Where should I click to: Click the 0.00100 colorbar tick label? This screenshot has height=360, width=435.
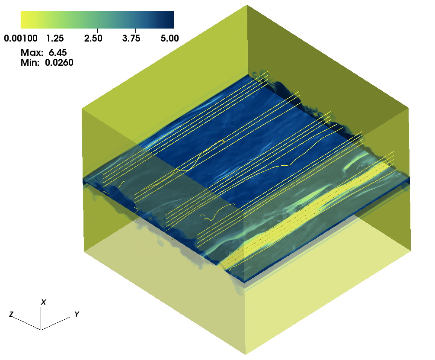pyautogui.click(x=21, y=38)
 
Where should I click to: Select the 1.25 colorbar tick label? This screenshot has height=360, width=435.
pyautogui.click(x=55, y=38)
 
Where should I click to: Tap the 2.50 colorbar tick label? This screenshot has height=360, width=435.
pyautogui.click(x=93, y=38)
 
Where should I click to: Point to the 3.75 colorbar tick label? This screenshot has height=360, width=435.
pyautogui.click(x=131, y=38)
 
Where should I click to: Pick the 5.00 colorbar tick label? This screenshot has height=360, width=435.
pyautogui.click(x=170, y=38)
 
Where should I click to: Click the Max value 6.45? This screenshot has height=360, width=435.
pyautogui.click(x=58, y=52)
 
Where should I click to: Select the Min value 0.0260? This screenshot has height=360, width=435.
pyautogui.click(x=59, y=62)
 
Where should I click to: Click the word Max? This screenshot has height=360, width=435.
pyautogui.click(x=32, y=52)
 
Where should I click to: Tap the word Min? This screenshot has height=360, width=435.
pyautogui.click(x=30, y=62)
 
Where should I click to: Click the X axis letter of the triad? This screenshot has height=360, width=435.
pyautogui.click(x=44, y=302)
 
